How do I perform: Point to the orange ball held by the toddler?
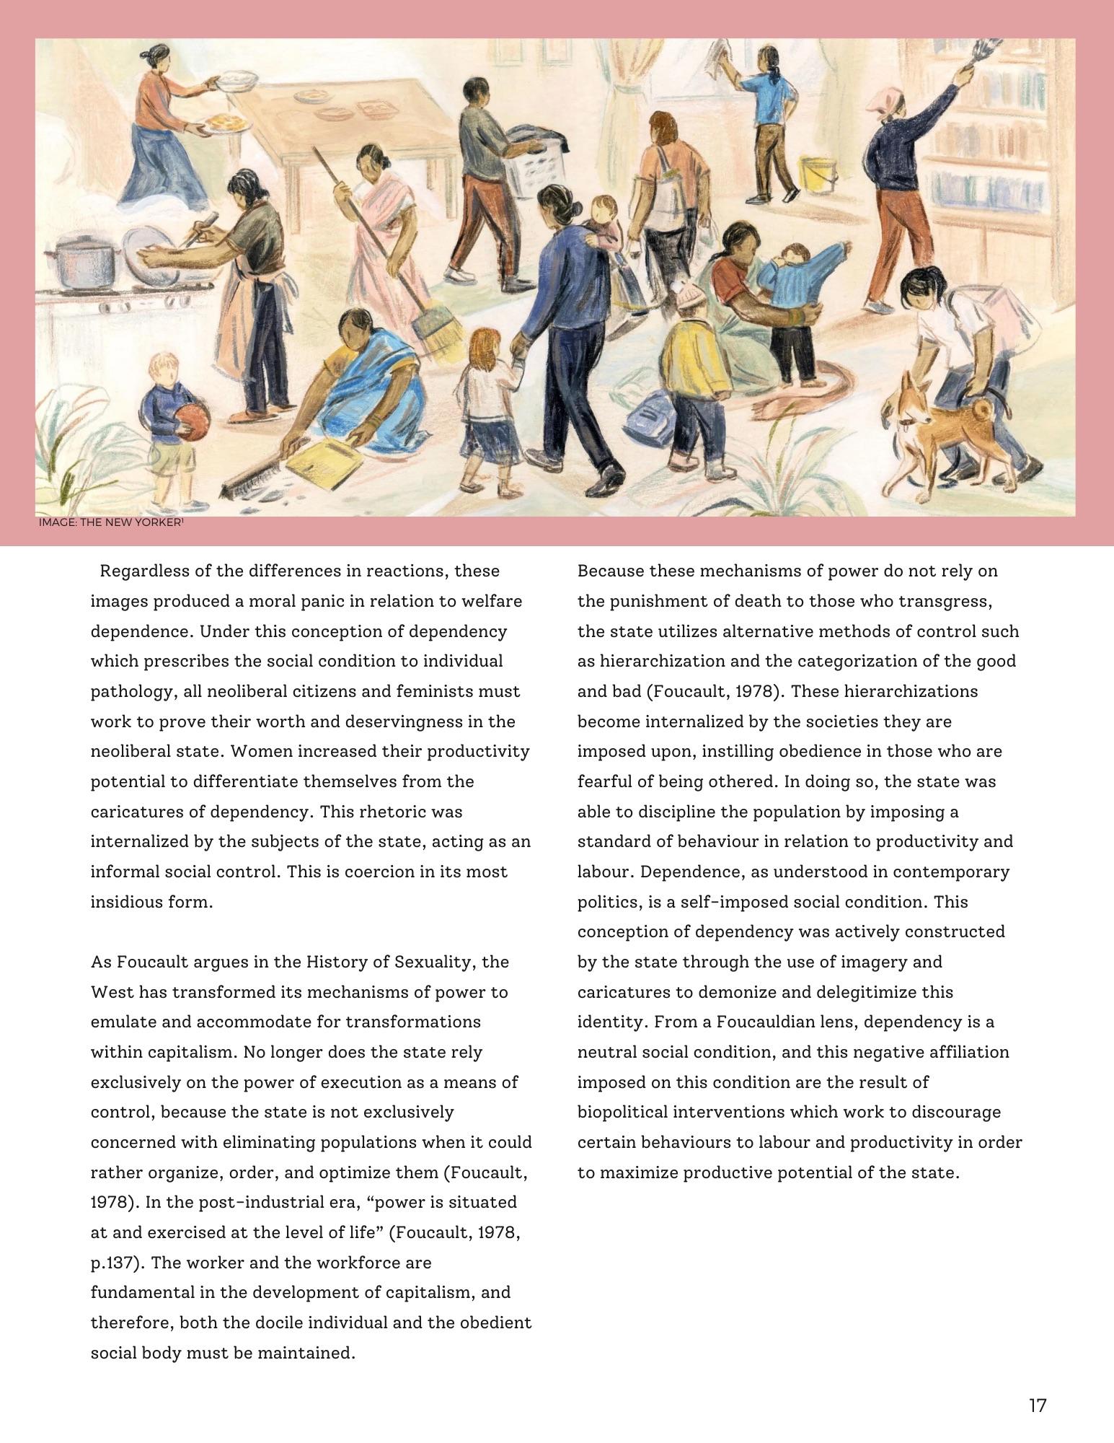(191, 418)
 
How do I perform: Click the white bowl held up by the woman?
(239, 79)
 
